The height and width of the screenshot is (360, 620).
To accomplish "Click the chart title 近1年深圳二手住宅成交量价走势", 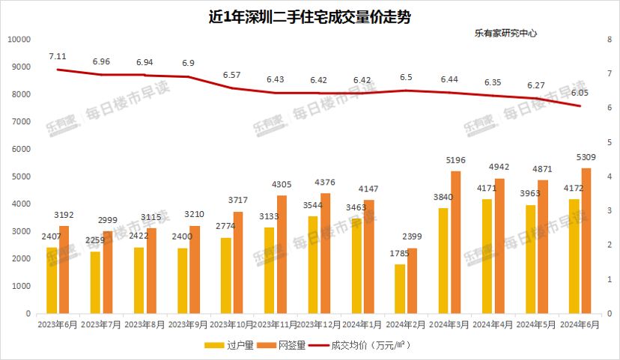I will [309, 16].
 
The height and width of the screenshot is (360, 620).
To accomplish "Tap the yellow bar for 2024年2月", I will [401, 289].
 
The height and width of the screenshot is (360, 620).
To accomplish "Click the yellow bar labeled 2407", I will [52, 281].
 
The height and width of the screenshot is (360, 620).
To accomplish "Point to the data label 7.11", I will [58, 56].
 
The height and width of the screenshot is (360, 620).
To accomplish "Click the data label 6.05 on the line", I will [580, 93].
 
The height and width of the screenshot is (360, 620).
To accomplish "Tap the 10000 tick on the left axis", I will [18, 39].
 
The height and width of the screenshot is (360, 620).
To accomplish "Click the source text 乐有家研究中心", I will [506, 34].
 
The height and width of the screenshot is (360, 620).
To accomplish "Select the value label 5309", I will [586, 158].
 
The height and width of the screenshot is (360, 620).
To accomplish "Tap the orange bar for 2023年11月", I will [282, 254].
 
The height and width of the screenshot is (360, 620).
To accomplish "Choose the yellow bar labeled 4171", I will [487, 257].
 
